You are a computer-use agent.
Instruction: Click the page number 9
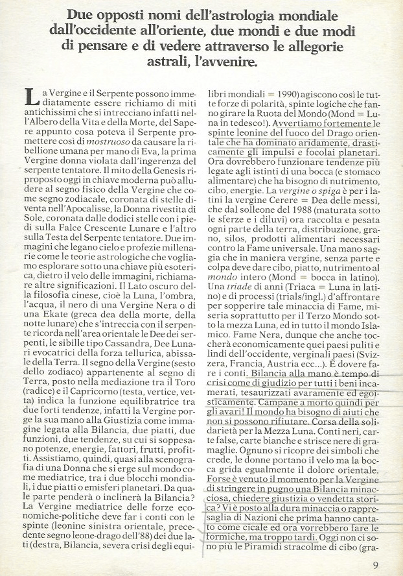[376, 564]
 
